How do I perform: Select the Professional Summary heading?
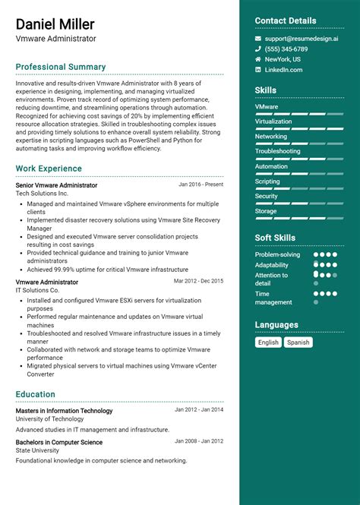click(x=61, y=67)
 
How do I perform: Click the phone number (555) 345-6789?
click(x=286, y=49)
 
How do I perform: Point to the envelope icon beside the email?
click(x=258, y=38)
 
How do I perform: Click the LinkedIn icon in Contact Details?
click(x=258, y=70)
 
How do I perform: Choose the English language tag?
click(x=268, y=342)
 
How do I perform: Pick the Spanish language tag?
click(x=298, y=342)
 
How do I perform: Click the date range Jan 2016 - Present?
click(x=201, y=185)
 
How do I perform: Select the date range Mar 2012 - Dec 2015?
click(x=198, y=281)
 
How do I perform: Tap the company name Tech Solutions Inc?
click(x=42, y=194)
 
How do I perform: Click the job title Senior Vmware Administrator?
click(x=56, y=185)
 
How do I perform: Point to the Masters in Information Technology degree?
click(x=64, y=411)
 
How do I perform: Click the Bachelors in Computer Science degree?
click(x=59, y=442)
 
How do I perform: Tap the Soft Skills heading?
click(x=275, y=238)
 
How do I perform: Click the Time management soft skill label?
click(x=273, y=298)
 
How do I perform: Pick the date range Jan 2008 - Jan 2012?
click(x=199, y=441)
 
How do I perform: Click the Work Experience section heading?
click(x=49, y=169)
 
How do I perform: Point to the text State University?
click(x=38, y=450)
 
